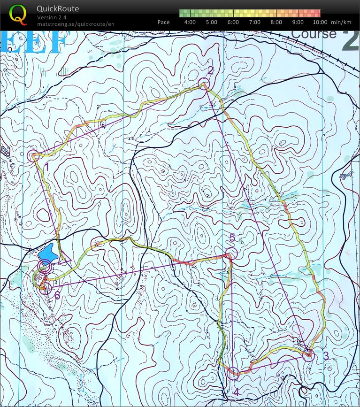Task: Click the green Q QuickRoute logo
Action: [18, 14]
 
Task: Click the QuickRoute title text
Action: [58, 9]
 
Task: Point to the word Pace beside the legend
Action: [163, 22]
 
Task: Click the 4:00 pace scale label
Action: [190, 22]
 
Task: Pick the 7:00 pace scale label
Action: [254, 22]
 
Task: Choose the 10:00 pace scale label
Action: [319, 22]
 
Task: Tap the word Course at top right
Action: [314, 34]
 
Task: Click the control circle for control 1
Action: [33, 156]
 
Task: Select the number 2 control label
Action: [210, 70]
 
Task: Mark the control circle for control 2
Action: [203, 84]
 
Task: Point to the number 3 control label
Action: [326, 355]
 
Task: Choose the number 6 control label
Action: [57, 295]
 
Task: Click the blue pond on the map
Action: [48, 253]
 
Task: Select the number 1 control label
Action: [46, 166]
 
